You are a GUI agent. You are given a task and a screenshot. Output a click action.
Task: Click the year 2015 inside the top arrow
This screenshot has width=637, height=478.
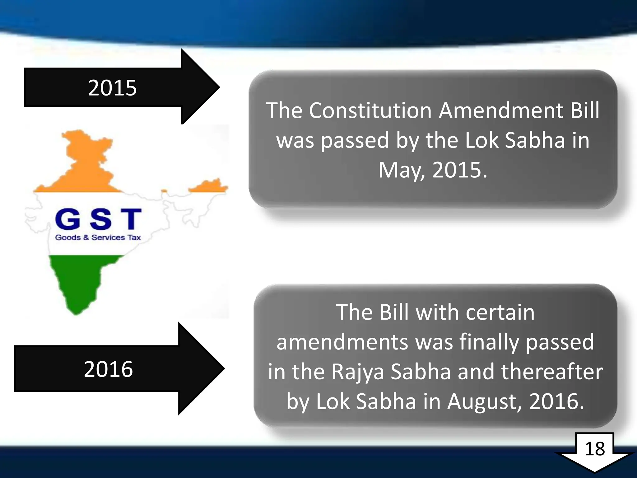click(x=112, y=88)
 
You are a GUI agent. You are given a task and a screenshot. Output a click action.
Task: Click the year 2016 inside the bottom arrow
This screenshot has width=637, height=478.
click(x=108, y=369)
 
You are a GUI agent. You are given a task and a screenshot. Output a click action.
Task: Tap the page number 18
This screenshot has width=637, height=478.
click(x=595, y=449)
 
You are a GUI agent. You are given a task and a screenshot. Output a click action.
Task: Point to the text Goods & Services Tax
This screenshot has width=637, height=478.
click(x=98, y=237)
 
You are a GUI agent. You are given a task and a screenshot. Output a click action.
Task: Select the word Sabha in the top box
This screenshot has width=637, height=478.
click(x=534, y=140)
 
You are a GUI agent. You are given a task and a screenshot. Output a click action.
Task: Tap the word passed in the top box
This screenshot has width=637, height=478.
click(x=355, y=140)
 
